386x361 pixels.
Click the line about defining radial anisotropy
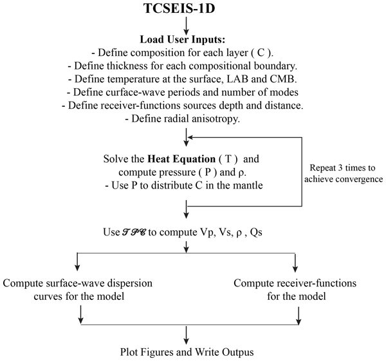186,118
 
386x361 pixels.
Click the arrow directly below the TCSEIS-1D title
187,24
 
